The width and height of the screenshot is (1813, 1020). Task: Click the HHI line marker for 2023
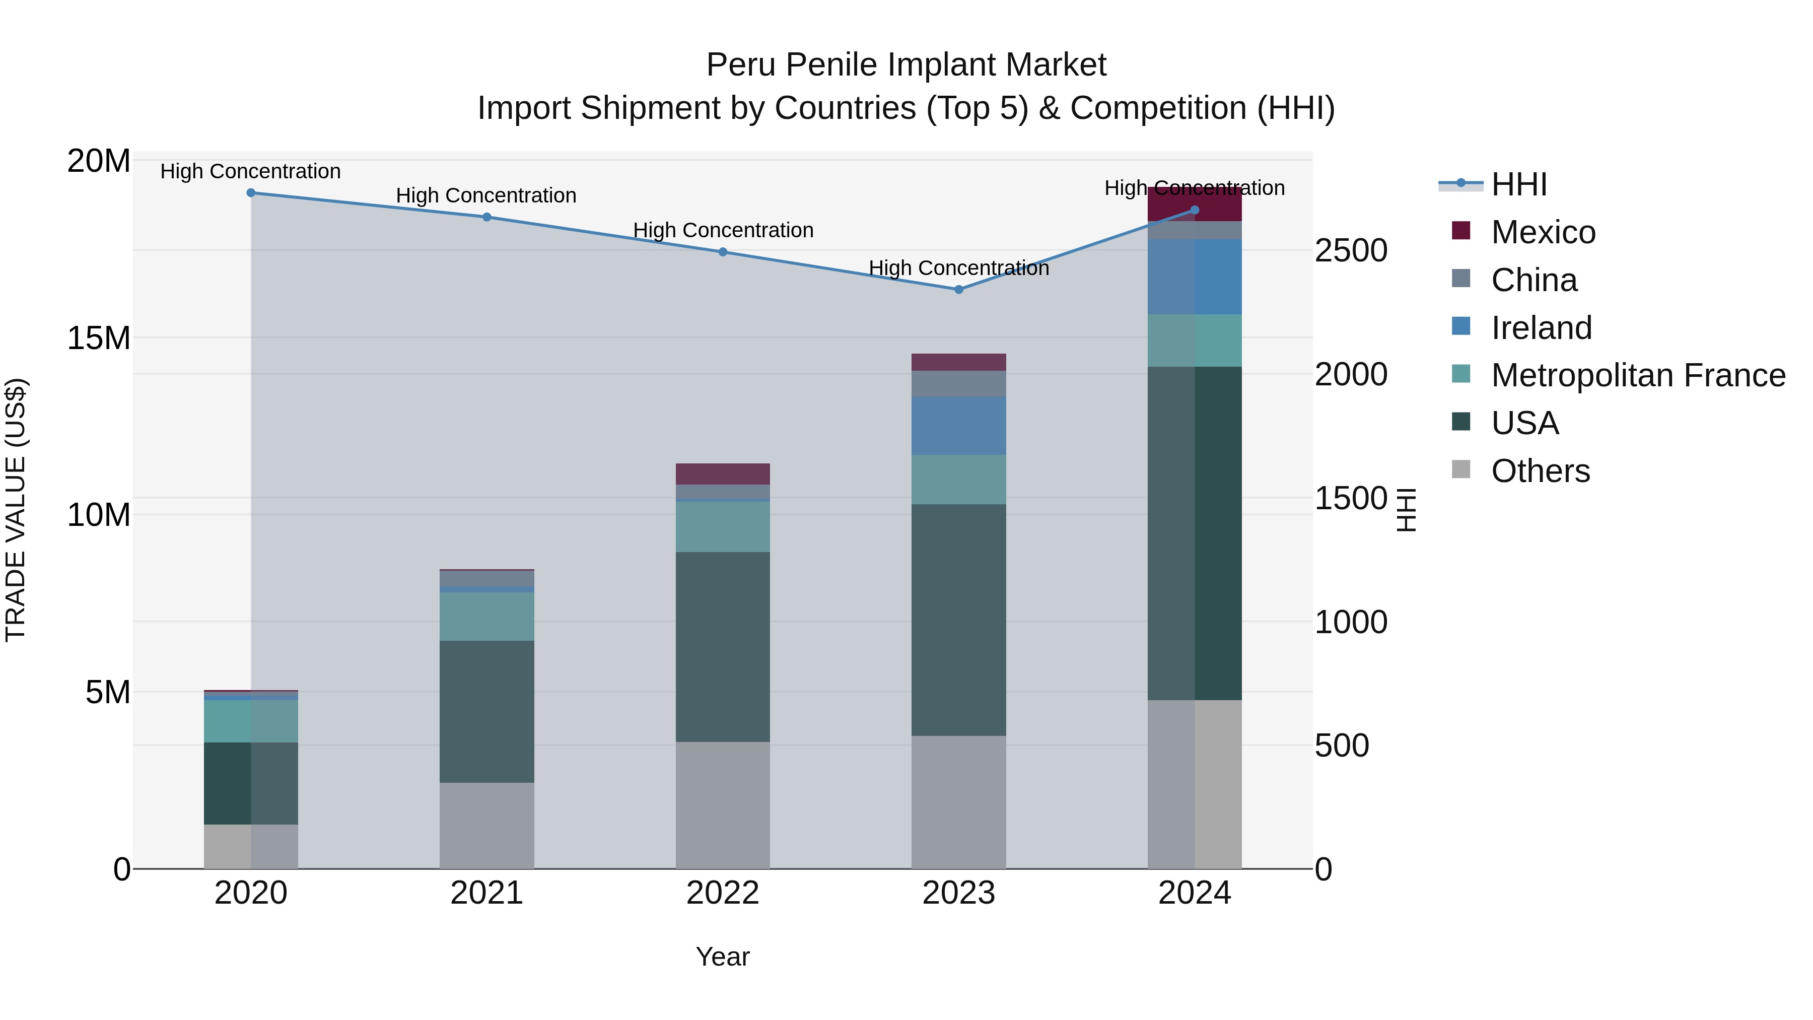coord(958,289)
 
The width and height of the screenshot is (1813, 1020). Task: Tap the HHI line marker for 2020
coord(251,193)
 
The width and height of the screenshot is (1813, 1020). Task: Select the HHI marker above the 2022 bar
coord(723,252)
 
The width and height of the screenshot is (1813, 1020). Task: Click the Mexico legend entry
coord(1543,232)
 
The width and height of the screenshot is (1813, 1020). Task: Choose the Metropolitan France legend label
coord(1638,375)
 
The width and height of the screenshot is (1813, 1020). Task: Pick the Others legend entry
coord(1540,471)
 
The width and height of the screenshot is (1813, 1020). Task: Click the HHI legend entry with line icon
coord(1518,184)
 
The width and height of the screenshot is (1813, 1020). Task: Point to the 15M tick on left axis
coord(99,338)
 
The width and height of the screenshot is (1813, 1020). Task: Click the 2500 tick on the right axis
coord(1351,251)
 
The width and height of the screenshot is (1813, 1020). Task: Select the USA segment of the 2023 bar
coord(958,620)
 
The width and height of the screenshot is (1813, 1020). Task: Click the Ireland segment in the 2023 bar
coord(958,425)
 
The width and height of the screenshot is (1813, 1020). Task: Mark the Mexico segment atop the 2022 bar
coord(723,474)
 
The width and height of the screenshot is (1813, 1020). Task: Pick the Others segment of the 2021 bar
coord(486,825)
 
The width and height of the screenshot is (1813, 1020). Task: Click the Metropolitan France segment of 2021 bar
coord(486,616)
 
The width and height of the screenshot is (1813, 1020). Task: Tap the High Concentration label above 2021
coord(486,196)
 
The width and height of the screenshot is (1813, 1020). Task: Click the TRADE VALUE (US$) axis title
coord(16,510)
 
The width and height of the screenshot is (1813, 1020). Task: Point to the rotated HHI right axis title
coord(1406,510)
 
